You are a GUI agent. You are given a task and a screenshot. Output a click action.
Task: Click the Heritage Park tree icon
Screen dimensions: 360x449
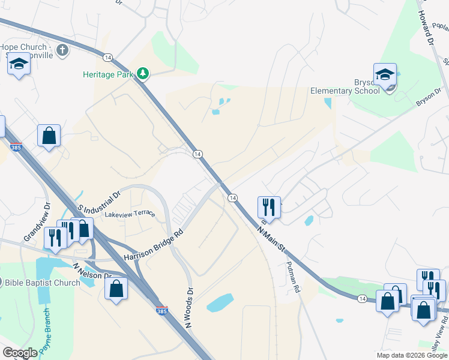tap(143, 74)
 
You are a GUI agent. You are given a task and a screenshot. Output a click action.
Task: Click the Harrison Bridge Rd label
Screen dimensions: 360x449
tap(153, 247)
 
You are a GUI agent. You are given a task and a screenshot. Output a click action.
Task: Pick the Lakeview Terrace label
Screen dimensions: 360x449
tap(130, 214)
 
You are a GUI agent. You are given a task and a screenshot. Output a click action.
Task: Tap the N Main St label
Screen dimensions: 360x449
tap(272, 238)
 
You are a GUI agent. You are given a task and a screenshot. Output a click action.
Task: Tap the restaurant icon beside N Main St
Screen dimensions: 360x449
tap(268, 207)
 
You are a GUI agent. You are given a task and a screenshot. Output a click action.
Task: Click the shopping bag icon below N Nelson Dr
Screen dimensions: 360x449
tap(116, 288)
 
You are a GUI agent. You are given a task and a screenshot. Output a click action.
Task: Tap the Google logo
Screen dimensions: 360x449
tap(20, 352)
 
